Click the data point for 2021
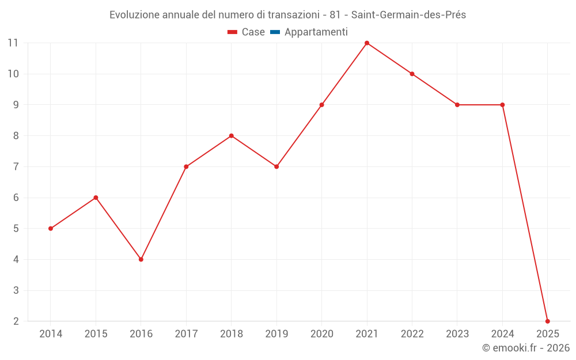pyautogui.click(x=367, y=43)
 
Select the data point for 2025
pyautogui.click(x=547, y=321)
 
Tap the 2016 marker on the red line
pyautogui.click(x=141, y=259)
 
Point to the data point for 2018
pyautogui.click(x=231, y=136)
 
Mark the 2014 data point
pyautogui.click(x=51, y=229)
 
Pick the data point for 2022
pyautogui.click(x=412, y=74)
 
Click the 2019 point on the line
pyautogui.click(x=276, y=166)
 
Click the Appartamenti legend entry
pyautogui.click(x=316, y=32)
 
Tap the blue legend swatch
pyautogui.click(x=275, y=32)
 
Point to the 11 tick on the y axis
pyautogui.click(x=13, y=43)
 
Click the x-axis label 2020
pyautogui.click(x=321, y=334)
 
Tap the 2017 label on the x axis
pyautogui.click(x=186, y=334)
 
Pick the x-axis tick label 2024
pyautogui.click(x=502, y=334)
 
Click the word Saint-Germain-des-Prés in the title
pyautogui.click(x=408, y=15)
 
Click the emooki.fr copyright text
pyautogui.click(x=525, y=348)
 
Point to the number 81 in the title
pyautogui.click(x=335, y=15)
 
